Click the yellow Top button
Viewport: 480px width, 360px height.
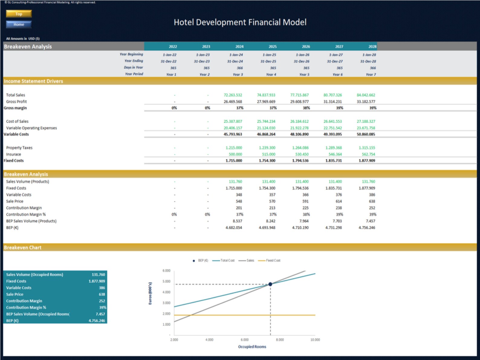pos(19,14)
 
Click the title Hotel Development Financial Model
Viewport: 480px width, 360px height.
pos(240,22)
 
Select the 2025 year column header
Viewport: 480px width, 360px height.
pos(272,47)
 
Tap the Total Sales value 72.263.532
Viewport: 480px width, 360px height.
pos(233,95)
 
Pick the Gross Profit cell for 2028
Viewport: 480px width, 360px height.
pos(366,102)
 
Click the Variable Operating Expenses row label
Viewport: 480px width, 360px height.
pos(31,128)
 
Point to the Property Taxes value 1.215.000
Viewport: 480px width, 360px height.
pos(234,148)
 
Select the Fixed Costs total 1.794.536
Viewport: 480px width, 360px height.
pos(300,161)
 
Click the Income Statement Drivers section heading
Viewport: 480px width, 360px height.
pos(34,81)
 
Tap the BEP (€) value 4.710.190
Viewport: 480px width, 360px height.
pos(300,228)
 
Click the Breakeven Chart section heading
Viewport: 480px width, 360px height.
pos(23,248)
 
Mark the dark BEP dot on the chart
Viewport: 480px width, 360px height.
pos(270,284)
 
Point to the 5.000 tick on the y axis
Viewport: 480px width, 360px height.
pos(167,281)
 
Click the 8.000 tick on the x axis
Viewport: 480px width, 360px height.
pos(280,340)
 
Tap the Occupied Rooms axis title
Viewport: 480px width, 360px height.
pos(252,347)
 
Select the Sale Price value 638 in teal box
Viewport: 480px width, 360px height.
pos(102,294)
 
